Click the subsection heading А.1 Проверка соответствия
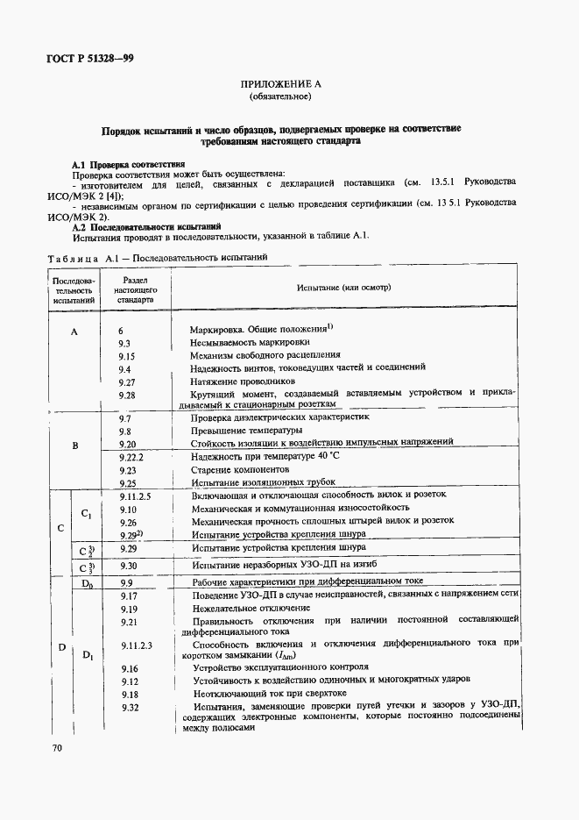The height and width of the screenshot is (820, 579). coord(128,164)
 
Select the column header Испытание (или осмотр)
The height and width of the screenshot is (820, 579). coord(343,288)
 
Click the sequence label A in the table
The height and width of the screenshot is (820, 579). coord(74,332)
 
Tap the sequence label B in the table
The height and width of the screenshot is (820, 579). coord(74,446)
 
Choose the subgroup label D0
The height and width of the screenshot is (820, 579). coord(87,582)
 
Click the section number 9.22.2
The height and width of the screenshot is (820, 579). coord(131,458)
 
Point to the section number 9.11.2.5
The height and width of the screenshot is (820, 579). coord(135,496)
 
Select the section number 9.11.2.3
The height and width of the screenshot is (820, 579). coord(135,645)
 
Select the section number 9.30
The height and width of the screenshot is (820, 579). coord(128,567)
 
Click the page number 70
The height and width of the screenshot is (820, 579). coord(56,748)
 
